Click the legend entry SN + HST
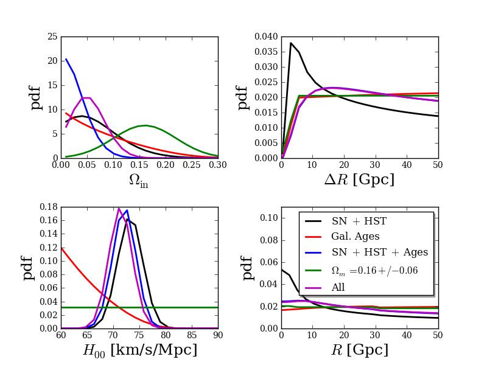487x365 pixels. pyautogui.click(x=358, y=221)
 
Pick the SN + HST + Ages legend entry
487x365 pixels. pyautogui.click(x=379, y=252)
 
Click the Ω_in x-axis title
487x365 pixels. pyautogui.click(x=139, y=181)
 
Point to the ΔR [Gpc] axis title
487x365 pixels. pyautogui.click(x=359, y=180)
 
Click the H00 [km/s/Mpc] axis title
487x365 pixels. pyautogui.click(x=139, y=350)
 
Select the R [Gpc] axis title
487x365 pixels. pyautogui.click(x=359, y=350)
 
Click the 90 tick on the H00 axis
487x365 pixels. pyautogui.click(x=217, y=335)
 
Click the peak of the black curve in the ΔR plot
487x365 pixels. pyautogui.click(x=291, y=43)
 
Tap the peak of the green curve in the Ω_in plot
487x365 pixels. pyautogui.click(x=145, y=125)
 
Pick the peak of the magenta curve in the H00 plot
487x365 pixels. pyautogui.click(x=119, y=209)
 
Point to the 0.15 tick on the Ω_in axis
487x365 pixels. pyautogui.click(x=139, y=165)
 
